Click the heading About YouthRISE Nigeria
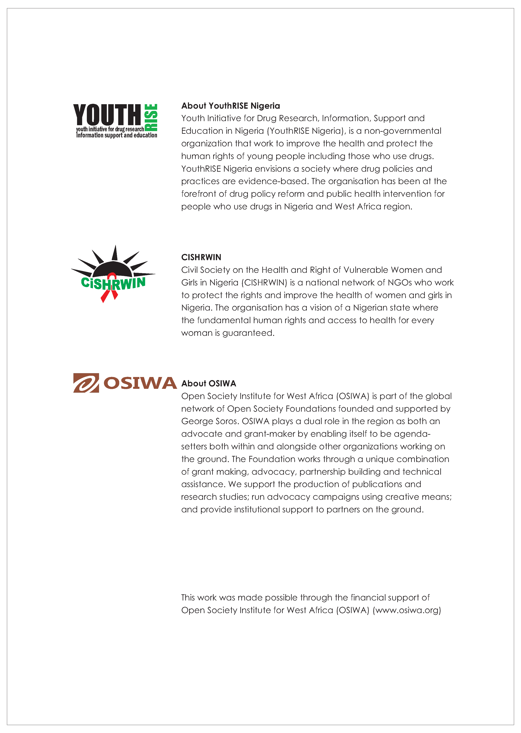pos(230,106)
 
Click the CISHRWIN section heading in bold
pos(201,257)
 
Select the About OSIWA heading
pos(209,384)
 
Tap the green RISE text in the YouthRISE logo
pos(151,117)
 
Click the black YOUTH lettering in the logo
pos(107,115)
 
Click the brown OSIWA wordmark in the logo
pos(140,383)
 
